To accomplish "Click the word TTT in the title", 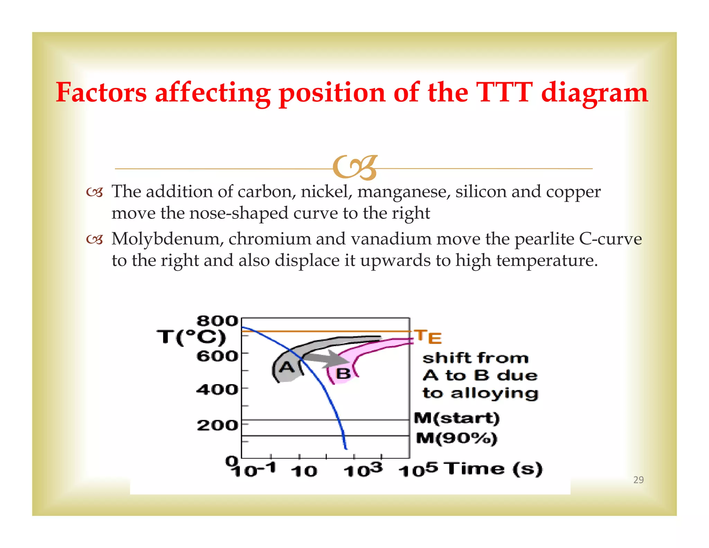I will tap(504, 92).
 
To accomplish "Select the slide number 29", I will tap(638, 480).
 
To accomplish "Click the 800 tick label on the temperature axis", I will tap(217, 321).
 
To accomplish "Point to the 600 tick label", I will tap(217, 356).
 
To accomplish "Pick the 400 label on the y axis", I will tap(217, 390).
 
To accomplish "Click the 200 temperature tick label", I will tap(217, 425).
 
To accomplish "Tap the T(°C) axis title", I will tap(191, 337).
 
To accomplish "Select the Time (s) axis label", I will tap(494, 469).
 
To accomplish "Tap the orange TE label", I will tap(429, 337).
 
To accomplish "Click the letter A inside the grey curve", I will tap(287, 367).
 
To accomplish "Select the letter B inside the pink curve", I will tap(343, 373).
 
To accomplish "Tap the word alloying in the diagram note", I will tap(494, 394).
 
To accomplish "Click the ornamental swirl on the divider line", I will tap(354, 168).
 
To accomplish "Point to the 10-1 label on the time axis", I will tap(254, 470).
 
